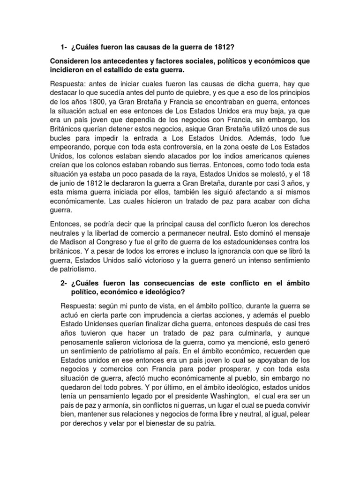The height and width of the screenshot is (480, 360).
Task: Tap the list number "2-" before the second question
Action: point(64,284)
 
